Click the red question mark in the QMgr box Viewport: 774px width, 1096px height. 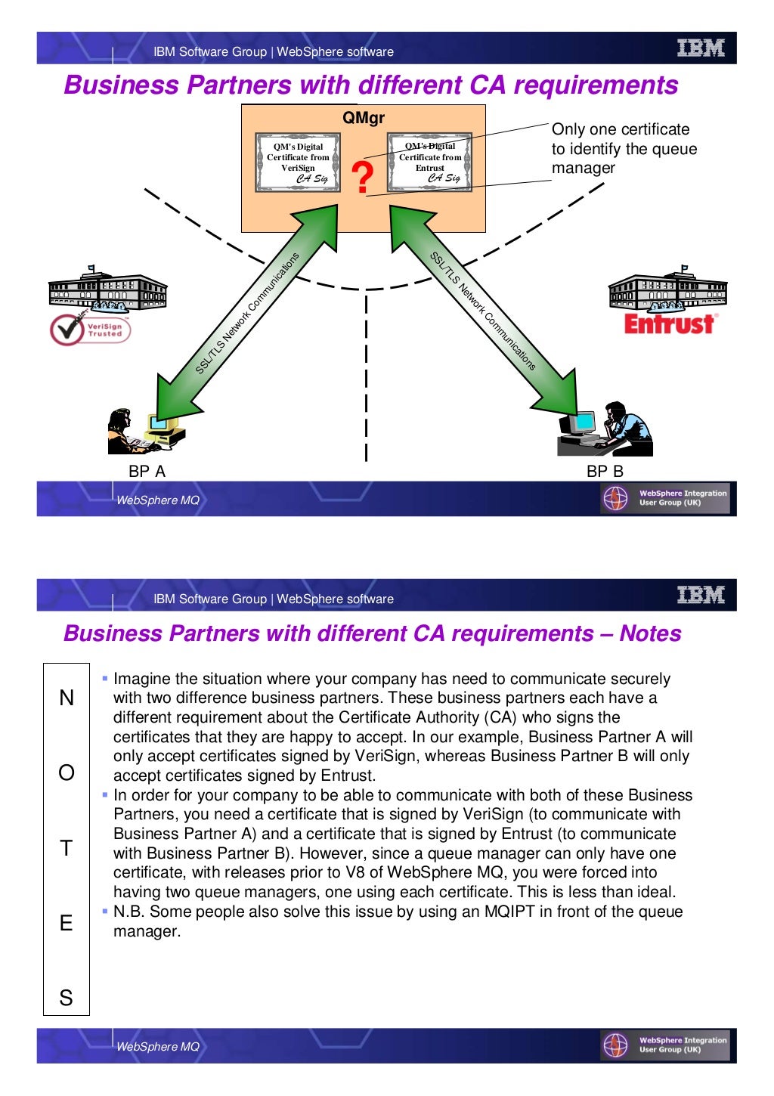click(x=363, y=178)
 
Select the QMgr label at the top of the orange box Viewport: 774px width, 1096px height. click(x=364, y=118)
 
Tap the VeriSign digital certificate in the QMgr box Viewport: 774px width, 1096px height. click(x=298, y=162)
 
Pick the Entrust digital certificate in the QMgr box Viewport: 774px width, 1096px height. click(x=430, y=162)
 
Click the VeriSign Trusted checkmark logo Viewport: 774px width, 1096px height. click(x=90, y=330)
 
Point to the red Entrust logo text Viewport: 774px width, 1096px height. click(x=669, y=324)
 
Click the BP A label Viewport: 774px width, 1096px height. click(x=147, y=472)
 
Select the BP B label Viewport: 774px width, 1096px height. click(x=605, y=472)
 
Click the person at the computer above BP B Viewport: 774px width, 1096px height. click(x=605, y=429)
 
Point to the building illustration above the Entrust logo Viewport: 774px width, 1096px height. click(x=667, y=291)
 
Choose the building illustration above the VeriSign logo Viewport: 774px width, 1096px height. click(x=107, y=289)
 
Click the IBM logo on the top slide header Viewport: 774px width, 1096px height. click(x=701, y=49)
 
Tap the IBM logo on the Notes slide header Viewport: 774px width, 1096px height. click(x=701, y=596)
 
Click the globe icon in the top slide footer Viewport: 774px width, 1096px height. click(x=615, y=499)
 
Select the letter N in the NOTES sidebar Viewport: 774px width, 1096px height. click(x=67, y=698)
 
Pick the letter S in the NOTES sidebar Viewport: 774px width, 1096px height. click(x=67, y=998)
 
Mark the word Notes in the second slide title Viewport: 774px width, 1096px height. click(x=650, y=633)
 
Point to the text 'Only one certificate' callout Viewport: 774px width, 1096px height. click(x=621, y=129)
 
